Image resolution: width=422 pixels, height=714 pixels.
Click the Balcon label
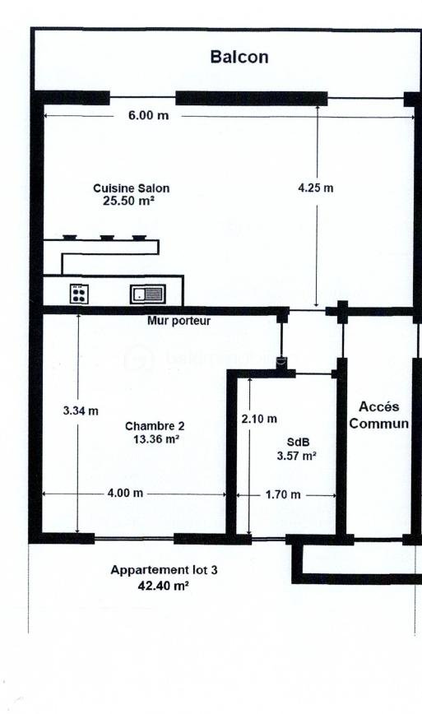[x=239, y=57]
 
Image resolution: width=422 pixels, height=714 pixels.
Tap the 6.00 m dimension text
[x=148, y=115]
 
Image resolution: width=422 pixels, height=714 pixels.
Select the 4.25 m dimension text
[x=315, y=188]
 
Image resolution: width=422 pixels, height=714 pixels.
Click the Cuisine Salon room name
[x=132, y=188]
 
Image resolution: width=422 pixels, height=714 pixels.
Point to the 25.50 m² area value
[x=130, y=200]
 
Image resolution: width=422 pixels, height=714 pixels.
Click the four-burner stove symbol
[x=79, y=294]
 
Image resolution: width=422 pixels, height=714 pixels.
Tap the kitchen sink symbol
[x=148, y=294]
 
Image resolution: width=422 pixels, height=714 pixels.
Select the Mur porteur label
[x=179, y=321]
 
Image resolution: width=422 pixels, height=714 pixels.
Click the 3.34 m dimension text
[x=81, y=410]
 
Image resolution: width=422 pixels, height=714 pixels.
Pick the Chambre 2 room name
[x=155, y=426]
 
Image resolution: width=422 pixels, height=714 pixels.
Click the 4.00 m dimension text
[x=125, y=494]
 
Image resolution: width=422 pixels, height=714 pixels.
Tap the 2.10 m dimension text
[x=259, y=419]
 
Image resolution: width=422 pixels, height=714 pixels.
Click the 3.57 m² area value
[x=297, y=455]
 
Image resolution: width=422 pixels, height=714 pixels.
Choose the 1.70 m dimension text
[x=283, y=494]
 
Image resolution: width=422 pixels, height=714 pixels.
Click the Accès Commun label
[x=379, y=415]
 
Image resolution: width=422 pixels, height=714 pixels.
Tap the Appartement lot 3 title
[x=153, y=569]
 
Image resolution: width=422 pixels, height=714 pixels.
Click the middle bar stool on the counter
[x=107, y=237]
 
